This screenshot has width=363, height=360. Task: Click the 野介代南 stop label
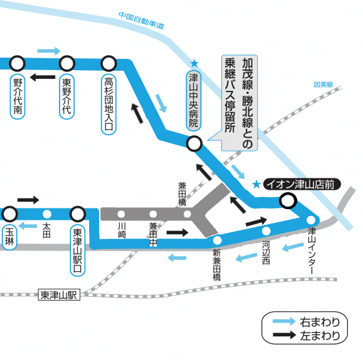(x=18, y=97)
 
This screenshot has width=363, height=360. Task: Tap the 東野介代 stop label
(x=66, y=97)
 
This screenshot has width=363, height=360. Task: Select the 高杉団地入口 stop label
(x=108, y=105)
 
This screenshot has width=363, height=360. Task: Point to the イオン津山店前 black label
(x=302, y=184)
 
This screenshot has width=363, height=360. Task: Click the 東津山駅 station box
(x=59, y=295)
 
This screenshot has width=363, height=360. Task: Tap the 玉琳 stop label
(x=9, y=237)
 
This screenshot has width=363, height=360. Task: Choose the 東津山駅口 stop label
(x=78, y=250)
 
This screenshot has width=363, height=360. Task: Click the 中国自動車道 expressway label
(x=141, y=21)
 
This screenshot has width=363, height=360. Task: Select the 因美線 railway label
(x=323, y=85)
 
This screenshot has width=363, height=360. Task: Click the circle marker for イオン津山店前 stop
(x=288, y=200)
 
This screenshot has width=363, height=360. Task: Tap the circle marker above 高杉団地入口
(x=108, y=63)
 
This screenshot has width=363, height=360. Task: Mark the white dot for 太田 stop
(x=47, y=214)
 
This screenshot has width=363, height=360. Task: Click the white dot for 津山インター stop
(x=311, y=220)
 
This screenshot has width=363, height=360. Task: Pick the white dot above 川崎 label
(x=121, y=214)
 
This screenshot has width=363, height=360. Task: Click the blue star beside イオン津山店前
(x=256, y=184)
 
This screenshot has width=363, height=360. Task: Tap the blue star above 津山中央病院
(x=194, y=63)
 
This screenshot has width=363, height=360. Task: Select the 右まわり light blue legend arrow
(x=284, y=321)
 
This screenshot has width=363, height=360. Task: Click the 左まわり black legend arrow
(x=284, y=335)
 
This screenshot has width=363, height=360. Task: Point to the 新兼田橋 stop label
(x=217, y=265)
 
